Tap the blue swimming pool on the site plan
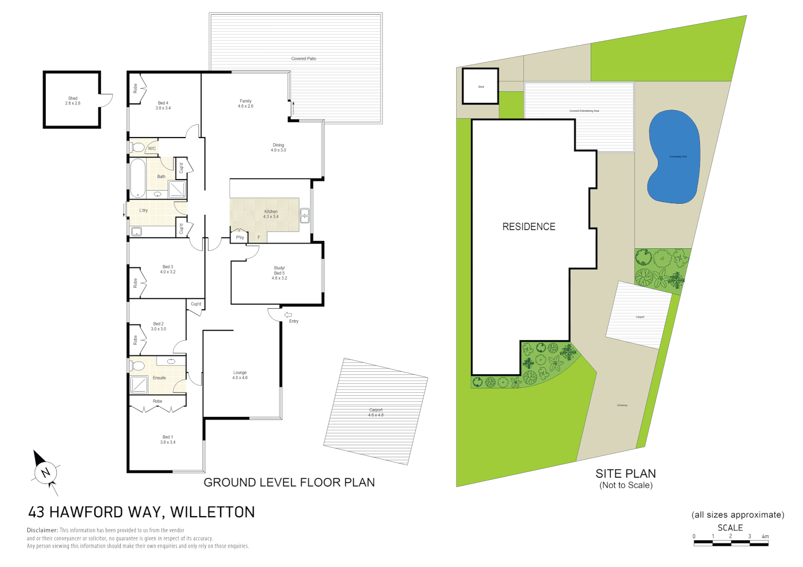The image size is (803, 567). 674,156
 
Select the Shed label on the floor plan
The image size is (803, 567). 73,99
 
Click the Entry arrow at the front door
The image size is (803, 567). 288,315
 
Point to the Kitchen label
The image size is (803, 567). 271,212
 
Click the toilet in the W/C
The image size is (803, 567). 138,147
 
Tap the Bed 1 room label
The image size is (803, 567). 168,437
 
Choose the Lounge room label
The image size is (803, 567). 240,373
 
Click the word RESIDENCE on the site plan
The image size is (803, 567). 529,227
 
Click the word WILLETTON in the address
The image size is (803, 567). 212,512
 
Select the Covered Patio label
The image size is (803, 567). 304,59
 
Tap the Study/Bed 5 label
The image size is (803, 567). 279,271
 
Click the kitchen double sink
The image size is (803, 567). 305,216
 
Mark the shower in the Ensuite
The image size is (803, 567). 139,385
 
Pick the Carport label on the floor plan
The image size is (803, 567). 376,410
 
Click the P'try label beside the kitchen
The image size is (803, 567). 240,238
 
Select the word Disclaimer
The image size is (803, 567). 42,530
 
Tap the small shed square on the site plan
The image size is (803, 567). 480,87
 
